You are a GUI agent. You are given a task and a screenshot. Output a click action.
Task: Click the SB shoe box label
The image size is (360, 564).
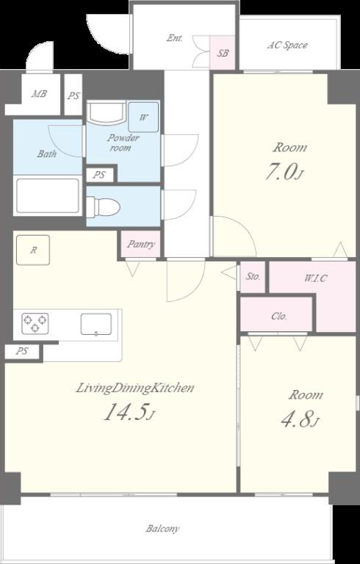223,53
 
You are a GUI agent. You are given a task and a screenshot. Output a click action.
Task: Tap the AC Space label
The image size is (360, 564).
287,46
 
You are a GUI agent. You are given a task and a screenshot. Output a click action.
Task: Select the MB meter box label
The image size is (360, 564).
39,94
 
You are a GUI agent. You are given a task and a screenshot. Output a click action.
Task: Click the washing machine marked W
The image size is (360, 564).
143,117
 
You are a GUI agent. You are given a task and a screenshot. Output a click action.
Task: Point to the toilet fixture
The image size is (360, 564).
103,207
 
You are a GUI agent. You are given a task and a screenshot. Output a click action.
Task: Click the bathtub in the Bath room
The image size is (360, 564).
48,195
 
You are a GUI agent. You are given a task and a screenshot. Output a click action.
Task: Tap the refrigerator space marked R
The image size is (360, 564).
33,250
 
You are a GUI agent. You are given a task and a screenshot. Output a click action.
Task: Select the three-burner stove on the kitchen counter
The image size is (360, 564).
35,323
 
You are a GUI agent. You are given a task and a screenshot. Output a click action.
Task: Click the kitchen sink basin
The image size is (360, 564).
96,324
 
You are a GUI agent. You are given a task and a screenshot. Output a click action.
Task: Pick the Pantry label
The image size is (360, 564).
141,245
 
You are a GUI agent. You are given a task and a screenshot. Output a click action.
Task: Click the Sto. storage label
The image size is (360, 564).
253,277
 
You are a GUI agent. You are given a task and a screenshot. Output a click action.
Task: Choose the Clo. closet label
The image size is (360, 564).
279,317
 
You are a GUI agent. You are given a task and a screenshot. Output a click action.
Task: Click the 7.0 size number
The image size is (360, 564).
284,173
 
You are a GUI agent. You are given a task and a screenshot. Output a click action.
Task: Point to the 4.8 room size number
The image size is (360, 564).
300,420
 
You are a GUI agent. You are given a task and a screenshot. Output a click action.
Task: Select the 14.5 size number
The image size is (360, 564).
129,412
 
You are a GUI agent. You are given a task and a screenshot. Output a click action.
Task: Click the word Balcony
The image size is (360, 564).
162,529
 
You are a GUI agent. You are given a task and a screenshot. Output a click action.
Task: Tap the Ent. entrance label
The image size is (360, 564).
174,38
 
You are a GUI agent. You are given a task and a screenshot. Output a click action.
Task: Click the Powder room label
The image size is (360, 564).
123,142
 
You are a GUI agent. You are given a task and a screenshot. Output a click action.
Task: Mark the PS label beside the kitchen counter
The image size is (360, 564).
22,352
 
